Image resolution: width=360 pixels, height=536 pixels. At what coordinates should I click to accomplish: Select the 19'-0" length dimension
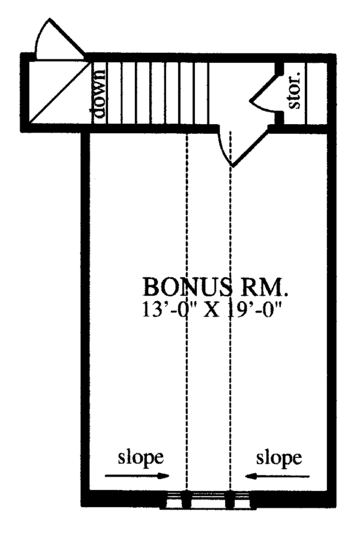pos(251,311)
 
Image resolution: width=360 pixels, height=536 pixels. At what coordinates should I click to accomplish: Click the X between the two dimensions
pos(210,311)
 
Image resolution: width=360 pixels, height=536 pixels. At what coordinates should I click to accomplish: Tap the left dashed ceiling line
pos(187,300)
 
